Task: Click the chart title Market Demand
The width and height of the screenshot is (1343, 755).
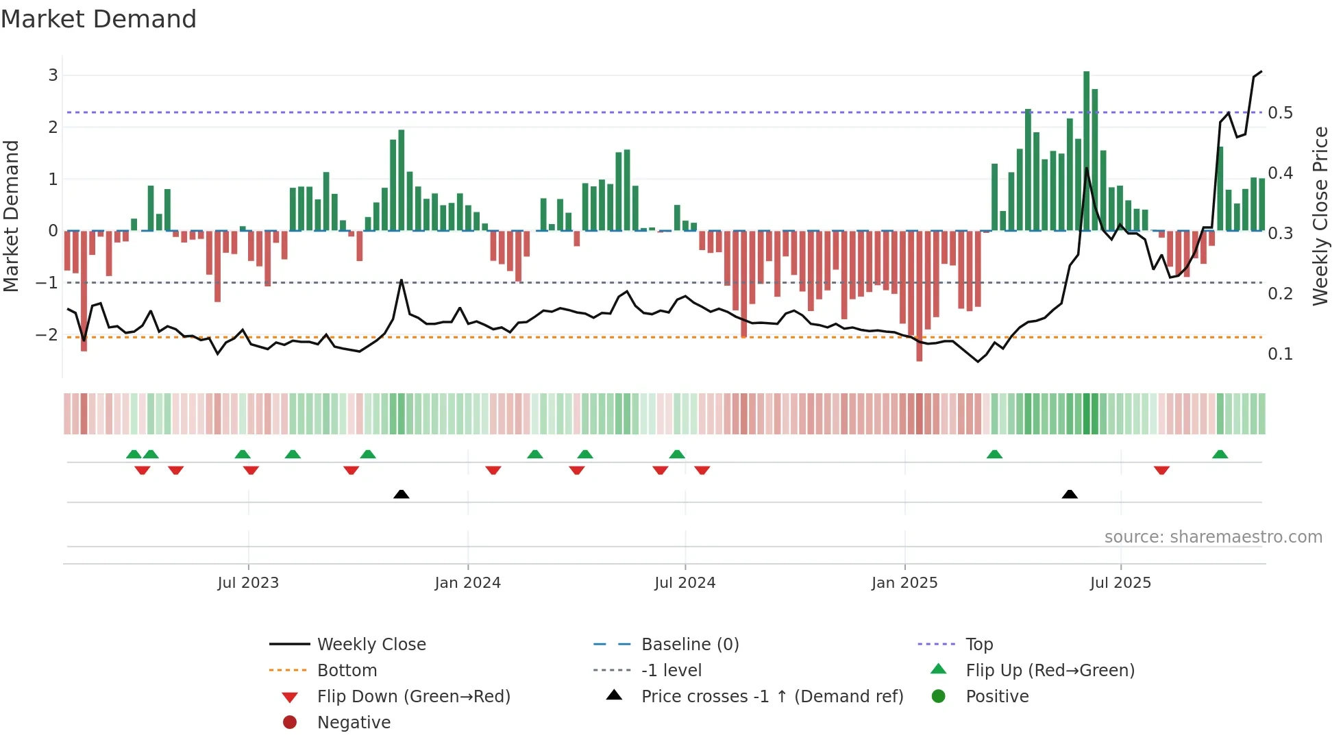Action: pyautogui.click(x=99, y=19)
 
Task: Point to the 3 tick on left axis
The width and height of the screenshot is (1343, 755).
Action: pyautogui.click(x=53, y=75)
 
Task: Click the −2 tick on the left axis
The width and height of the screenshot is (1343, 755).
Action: pyautogui.click(x=47, y=335)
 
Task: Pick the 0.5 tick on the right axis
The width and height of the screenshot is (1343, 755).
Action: pyautogui.click(x=1280, y=113)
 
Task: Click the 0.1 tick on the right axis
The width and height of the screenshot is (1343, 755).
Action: pyautogui.click(x=1280, y=354)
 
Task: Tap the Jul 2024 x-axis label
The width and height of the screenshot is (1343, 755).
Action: pyautogui.click(x=685, y=583)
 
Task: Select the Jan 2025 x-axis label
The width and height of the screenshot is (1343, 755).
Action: pyautogui.click(x=904, y=583)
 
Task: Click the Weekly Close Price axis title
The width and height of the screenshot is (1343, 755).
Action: pyautogui.click(x=1320, y=216)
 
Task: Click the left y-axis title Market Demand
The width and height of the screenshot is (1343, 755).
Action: pyautogui.click(x=11, y=216)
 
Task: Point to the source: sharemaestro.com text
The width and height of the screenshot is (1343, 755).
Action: pyautogui.click(x=1213, y=537)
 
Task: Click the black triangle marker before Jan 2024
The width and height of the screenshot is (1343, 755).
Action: pyautogui.click(x=402, y=494)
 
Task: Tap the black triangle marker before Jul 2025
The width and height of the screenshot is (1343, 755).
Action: pyautogui.click(x=1069, y=494)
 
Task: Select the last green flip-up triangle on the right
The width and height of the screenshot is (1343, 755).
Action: pyautogui.click(x=1220, y=454)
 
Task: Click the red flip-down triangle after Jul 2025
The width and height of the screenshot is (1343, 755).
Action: pyautogui.click(x=1161, y=470)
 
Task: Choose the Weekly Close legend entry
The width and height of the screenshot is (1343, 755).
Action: pyautogui.click(x=371, y=645)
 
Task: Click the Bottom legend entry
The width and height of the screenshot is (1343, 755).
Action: pyautogui.click(x=347, y=671)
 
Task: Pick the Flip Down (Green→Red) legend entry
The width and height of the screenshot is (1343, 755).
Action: pyautogui.click(x=413, y=697)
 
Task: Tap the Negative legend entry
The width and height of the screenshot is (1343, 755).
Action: pyautogui.click(x=354, y=723)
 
